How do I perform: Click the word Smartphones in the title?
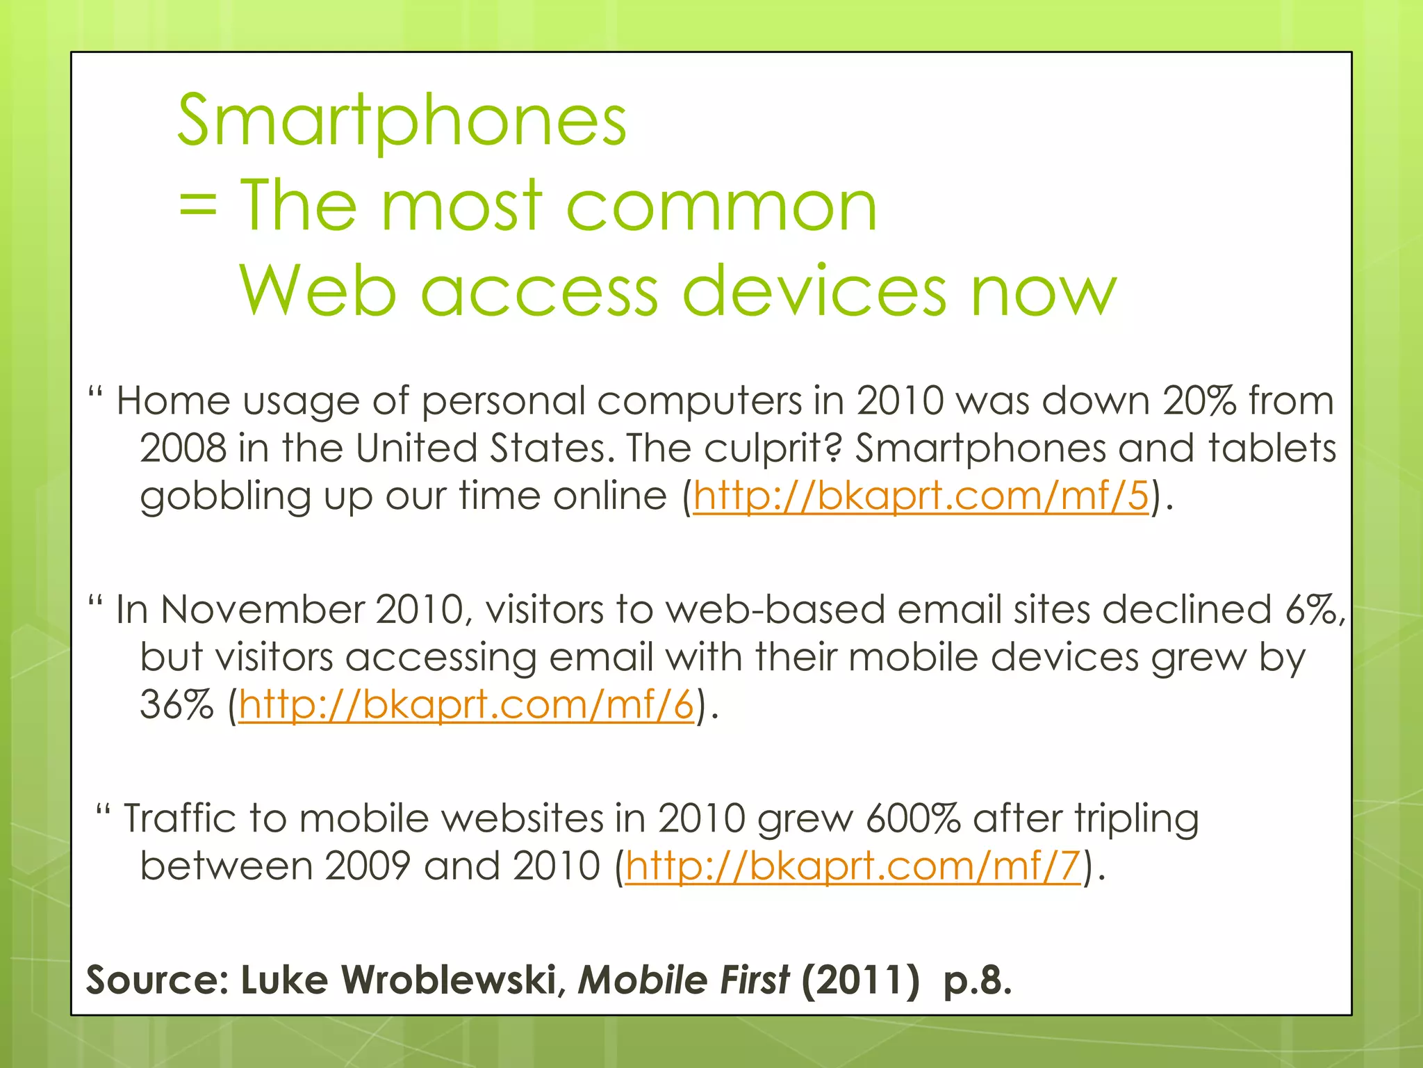tap(402, 122)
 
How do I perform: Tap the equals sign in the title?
tap(197, 207)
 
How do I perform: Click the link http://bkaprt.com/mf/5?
tap(921, 496)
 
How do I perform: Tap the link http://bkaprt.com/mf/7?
tap(853, 866)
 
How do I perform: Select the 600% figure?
tap(913, 818)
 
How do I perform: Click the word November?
tap(262, 610)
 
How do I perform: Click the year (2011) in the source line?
tap(860, 980)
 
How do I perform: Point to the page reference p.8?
tap(977, 980)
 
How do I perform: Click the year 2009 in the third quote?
tap(368, 866)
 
